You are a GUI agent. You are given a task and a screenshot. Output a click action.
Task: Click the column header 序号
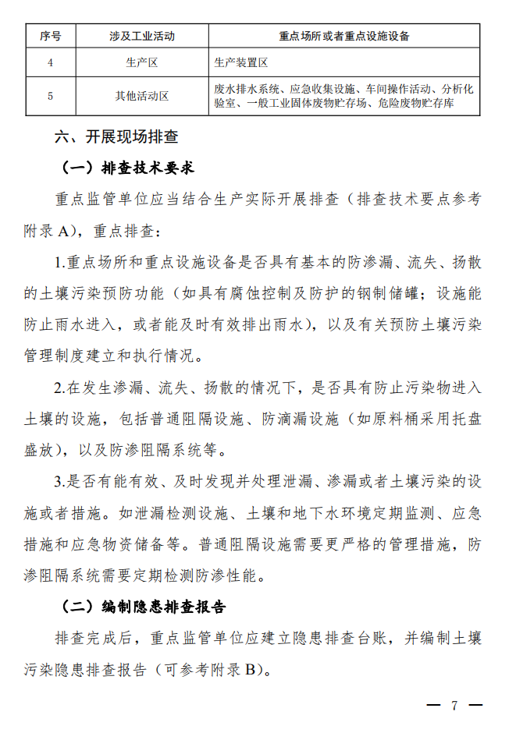pos(50,36)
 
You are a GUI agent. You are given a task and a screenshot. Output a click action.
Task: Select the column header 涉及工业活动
pos(142,36)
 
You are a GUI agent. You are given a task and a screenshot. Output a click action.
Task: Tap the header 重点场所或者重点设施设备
pos(344,36)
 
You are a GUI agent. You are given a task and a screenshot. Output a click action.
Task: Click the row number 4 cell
pos(50,62)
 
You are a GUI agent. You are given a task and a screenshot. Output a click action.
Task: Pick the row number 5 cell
pos(50,96)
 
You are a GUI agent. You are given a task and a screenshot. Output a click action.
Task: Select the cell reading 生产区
pos(142,62)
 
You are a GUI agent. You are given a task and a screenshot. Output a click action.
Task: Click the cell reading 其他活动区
pos(142,96)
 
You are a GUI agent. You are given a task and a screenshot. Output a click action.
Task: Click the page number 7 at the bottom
pos(454,706)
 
